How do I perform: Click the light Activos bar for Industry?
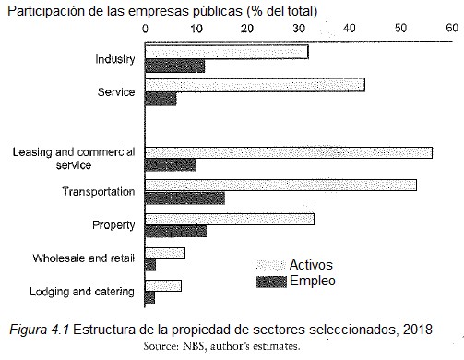tap(227, 53)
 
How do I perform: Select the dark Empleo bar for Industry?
tap(175, 66)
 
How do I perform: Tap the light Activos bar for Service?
tap(255, 85)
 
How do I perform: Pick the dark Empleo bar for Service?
tap(161, 99)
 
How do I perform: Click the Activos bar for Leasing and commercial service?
tap(289, 152)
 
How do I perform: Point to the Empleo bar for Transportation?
tap(184, 198)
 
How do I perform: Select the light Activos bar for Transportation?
tap(281, 185)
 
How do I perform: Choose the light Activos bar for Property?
tap(230, 219)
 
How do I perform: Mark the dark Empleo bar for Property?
tap(176, 232)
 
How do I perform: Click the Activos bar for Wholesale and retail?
tap(165, 253)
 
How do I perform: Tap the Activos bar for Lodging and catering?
tap(163, 284)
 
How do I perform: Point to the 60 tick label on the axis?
tap(449, 28)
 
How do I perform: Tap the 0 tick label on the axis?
tap(146, 28)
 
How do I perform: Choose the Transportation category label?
tap(99, 192)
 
